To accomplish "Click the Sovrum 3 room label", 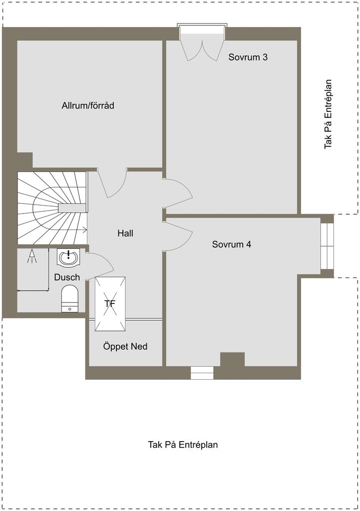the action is tap(248, 57).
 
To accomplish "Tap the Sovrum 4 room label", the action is tap(232, 244).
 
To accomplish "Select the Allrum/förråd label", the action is tap(88, 106).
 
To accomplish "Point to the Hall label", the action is tap(125, 234).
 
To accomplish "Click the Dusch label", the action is tap(67, 277).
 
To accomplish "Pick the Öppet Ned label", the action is tap(125, 346).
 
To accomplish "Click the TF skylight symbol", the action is tap(110, 304).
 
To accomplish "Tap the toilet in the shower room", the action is tap(70, 298).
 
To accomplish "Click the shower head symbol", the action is tap(32, 256).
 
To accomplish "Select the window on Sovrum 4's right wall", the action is tap(327, 246).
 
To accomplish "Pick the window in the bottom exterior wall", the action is tap(202, 373).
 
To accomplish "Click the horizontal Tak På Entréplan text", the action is tap(183, 445).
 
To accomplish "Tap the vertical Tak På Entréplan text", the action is tap(328, 114).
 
